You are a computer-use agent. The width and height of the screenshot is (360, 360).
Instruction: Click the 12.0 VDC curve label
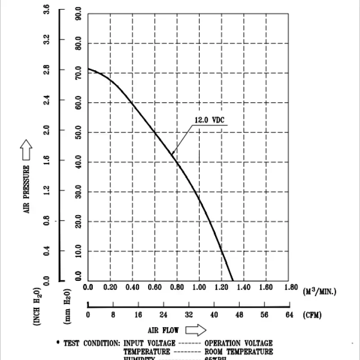pos(209,120)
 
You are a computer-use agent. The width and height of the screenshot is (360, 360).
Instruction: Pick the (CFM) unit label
pos(313,315)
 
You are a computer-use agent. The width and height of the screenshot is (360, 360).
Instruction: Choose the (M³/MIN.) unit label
pos(319,291)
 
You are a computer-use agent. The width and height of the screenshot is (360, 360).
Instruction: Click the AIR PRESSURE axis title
pos(27,189)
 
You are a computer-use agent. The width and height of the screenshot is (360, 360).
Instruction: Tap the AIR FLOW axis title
pos(164,330)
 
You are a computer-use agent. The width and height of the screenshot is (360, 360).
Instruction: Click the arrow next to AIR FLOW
pos(195,330)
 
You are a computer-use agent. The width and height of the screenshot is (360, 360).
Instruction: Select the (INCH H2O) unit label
pos(38,306)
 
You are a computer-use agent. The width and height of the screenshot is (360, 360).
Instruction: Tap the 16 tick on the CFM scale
pos(138,315)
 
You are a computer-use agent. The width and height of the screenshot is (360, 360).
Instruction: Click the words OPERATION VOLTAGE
pos(238,343)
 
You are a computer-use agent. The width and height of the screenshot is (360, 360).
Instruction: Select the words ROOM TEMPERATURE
pos(238,351)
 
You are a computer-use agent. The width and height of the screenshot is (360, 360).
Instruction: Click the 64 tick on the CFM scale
pos(288,315)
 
